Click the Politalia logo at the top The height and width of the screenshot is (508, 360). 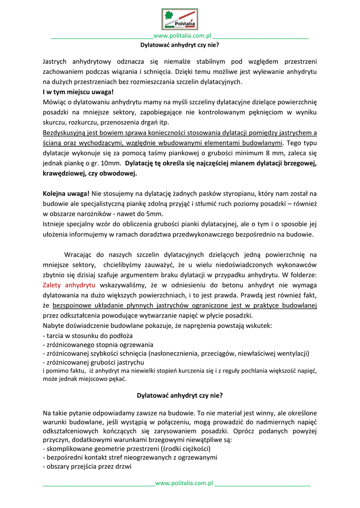point(180,19)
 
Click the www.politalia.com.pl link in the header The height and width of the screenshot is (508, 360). point(183,36)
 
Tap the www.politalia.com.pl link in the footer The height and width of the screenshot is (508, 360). point(184,483)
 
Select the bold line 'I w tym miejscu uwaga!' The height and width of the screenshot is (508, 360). point(78,92)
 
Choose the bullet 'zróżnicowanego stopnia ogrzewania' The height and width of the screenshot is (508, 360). point(99,344)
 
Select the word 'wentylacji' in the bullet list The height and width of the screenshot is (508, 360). point(290,354)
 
